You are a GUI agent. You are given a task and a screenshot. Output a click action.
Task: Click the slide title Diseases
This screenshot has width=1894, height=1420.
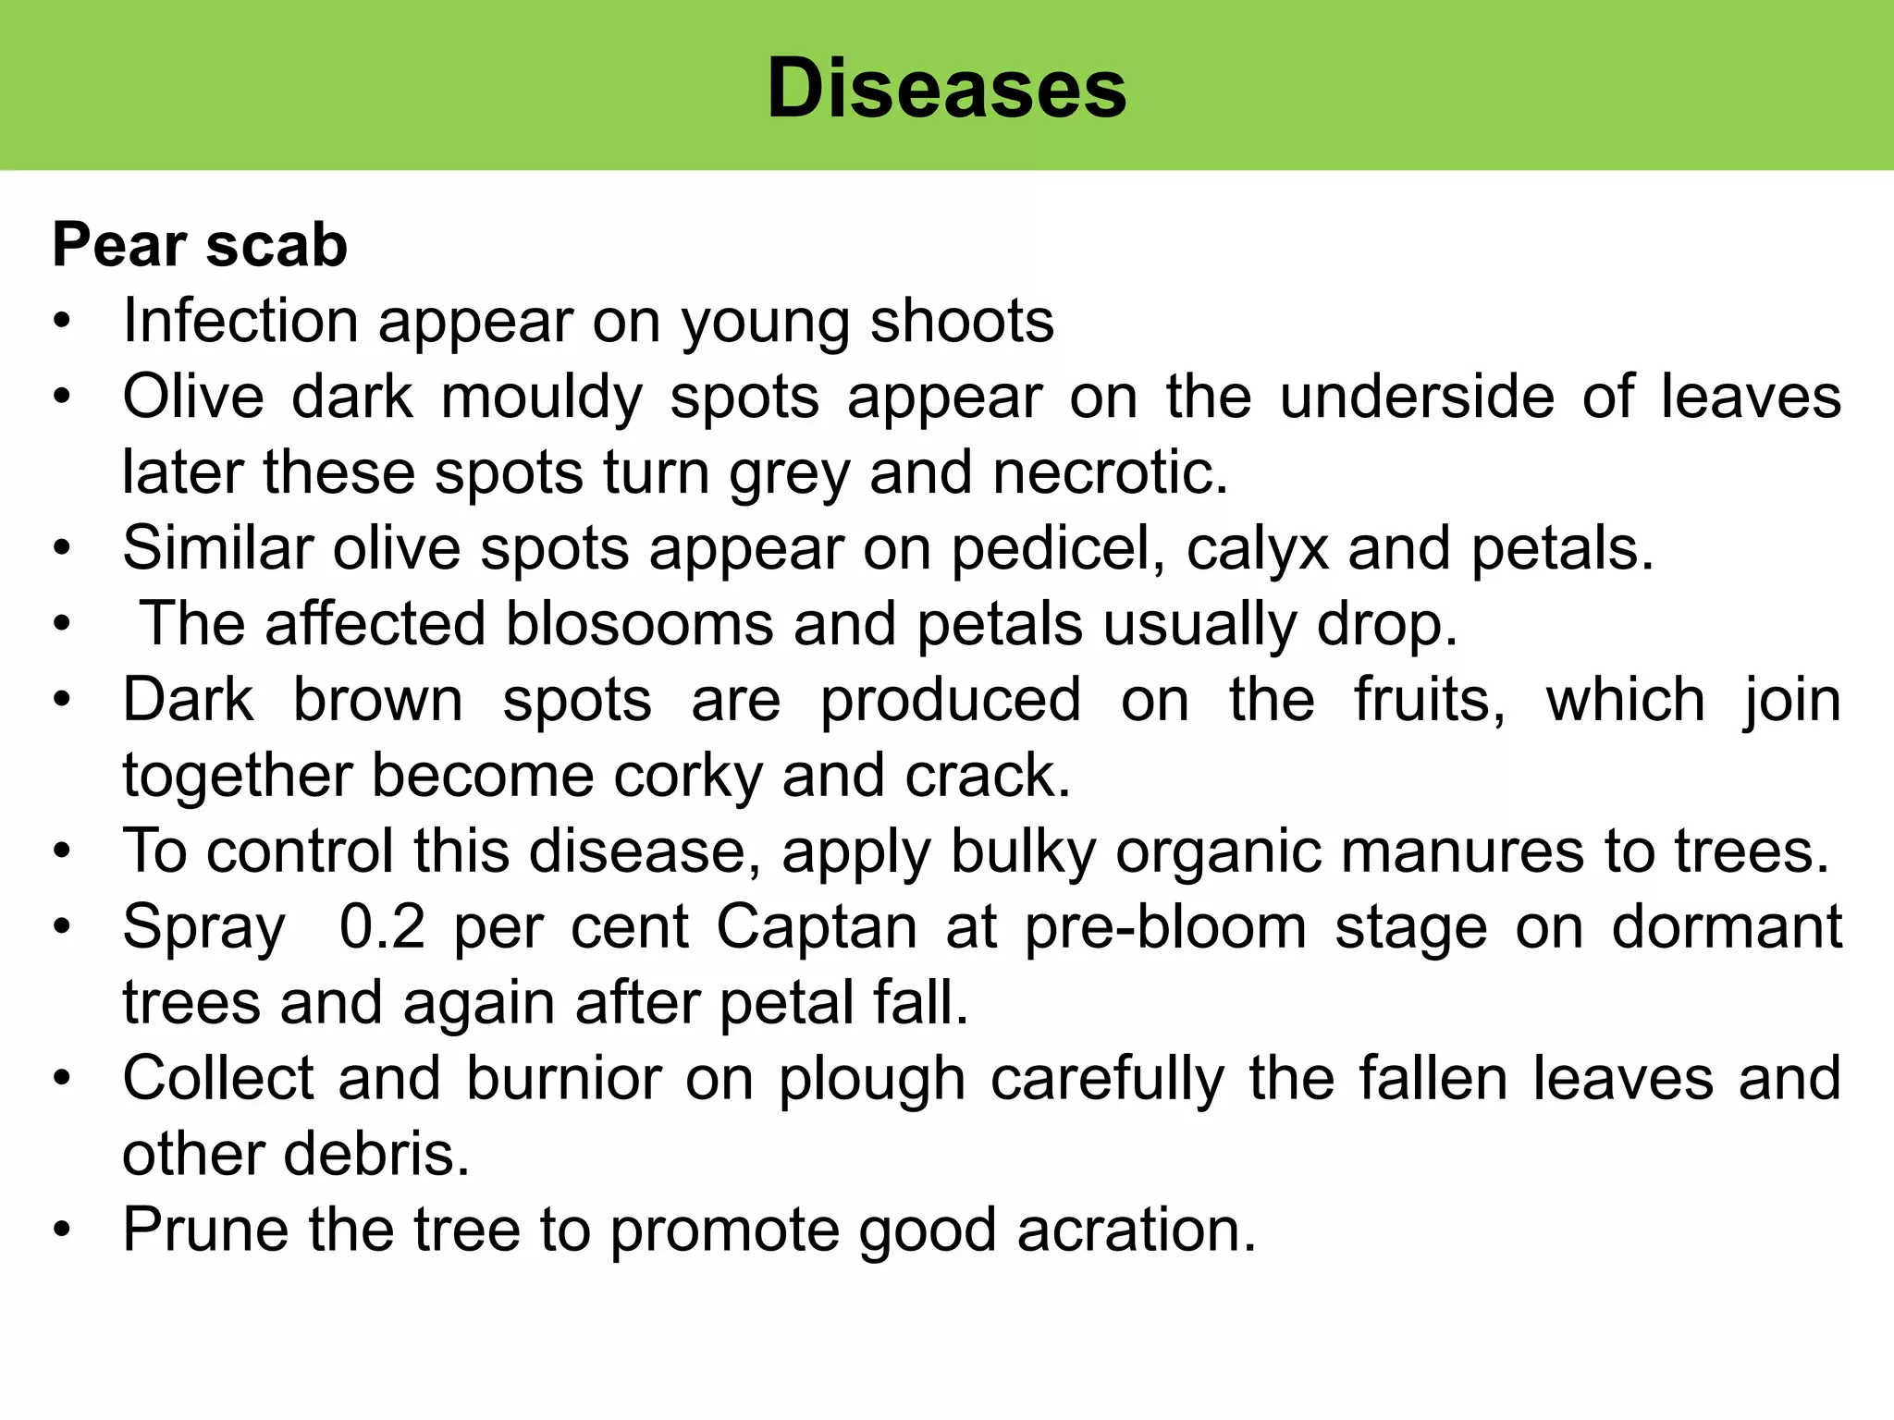pos(947,88)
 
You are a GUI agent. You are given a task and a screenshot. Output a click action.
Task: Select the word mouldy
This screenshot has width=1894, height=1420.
pos(541,398)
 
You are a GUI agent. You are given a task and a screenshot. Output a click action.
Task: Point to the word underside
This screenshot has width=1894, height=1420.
pos(1417,398)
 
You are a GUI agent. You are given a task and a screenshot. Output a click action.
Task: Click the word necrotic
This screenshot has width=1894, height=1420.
pos(1110,473)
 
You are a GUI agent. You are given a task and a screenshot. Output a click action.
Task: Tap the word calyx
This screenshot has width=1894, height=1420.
pos(1257,549)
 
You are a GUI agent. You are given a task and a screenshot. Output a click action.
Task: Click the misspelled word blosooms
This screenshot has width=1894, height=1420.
pos(639,624)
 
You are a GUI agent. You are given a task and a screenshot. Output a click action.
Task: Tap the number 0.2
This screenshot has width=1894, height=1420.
pos(382,927)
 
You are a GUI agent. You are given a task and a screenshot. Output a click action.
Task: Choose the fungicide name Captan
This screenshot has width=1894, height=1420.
pos(817,927)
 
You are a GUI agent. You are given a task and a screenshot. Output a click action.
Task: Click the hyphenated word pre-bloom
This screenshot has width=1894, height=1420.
pos(1165,927)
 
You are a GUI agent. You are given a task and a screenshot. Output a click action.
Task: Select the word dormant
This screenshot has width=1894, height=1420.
pos(1726,927)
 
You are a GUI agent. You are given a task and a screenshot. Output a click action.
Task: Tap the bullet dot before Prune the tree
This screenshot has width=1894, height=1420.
pos(62,1230)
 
